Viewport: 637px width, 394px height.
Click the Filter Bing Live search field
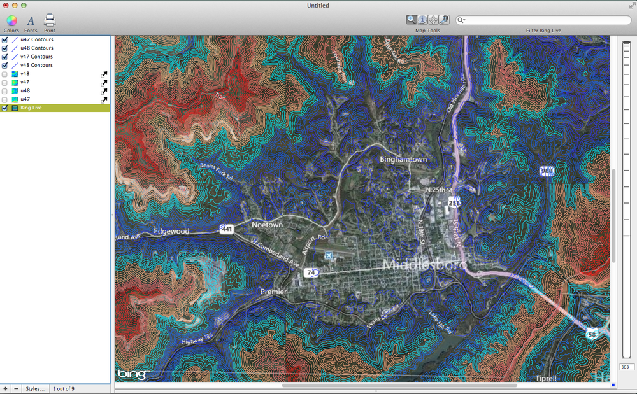[545, 20]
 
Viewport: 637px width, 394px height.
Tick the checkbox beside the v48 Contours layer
[5, 65]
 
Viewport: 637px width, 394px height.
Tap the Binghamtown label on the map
[403, 159]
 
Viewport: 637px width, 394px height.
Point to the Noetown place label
[267, 225]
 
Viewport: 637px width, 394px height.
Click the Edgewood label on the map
[171, 231]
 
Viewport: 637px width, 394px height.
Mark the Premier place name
[273, 292]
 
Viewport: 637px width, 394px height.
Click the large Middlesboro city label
[424, 264]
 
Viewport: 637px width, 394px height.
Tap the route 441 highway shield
[226, 228]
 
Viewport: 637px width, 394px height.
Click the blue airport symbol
[329, 255]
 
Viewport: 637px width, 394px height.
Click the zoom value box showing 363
[626, 367]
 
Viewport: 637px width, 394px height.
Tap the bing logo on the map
[131, 374]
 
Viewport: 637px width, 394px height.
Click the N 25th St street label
[438, 190]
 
